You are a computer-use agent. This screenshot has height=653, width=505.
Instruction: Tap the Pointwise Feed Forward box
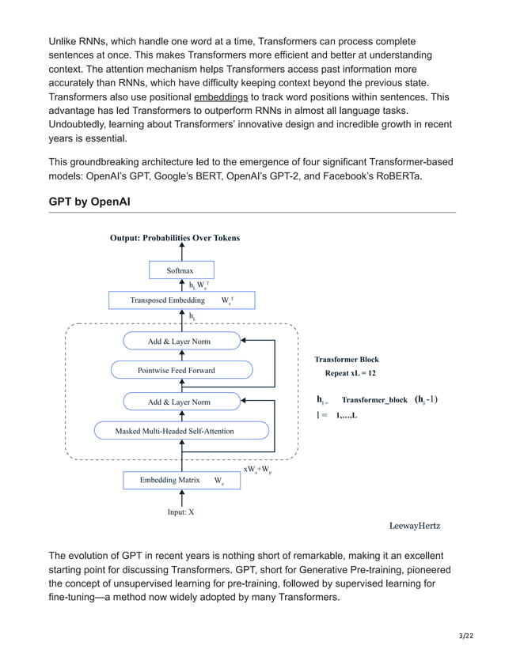coord(182,370)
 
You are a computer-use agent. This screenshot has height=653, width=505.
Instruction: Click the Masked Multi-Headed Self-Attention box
coord(181,431)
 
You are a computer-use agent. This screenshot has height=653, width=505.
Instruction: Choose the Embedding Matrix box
coord(181,480)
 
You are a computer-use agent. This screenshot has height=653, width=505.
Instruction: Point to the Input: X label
coord(181,512)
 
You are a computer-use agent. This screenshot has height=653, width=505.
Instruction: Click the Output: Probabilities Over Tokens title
coord(175,237)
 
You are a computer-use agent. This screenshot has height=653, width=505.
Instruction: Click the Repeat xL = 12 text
coord(350,373)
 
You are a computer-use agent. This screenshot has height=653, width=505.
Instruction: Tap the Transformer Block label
coord(347,360)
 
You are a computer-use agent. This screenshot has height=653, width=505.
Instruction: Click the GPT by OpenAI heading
coord(89,202)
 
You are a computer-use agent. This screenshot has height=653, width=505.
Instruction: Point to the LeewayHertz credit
coord(415,526)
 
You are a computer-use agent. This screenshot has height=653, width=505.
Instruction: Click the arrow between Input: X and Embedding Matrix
coord(182,497)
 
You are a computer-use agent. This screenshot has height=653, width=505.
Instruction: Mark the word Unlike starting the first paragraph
coord(66,40)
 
